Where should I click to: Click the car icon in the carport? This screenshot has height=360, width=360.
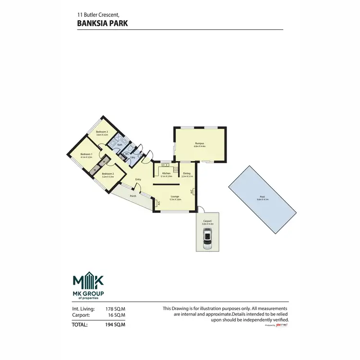click(207, 238)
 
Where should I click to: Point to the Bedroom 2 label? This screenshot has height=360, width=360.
click(108, 174)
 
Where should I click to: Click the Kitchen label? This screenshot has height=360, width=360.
click(166, 174)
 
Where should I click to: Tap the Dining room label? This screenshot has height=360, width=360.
click(187, 174)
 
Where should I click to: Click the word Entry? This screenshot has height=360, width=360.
click(138, 180)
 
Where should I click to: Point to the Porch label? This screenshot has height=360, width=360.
click(133, 196)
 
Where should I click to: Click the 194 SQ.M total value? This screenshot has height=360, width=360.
click(115, 325)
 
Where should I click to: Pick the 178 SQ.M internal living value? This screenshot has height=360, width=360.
click(115, 309)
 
